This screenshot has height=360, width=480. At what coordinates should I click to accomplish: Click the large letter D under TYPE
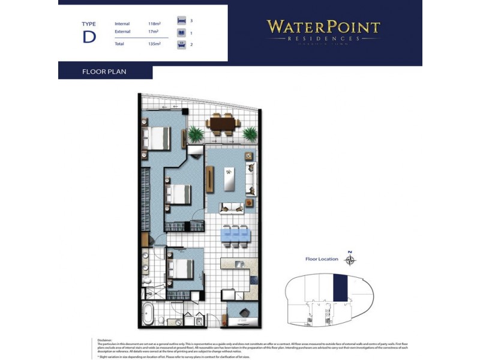point(89,36)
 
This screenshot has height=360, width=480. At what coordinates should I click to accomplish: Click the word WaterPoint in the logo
point(323,27)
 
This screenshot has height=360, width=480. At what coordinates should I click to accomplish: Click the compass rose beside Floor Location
point(351,260)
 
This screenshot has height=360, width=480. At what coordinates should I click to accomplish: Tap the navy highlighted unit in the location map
point(340,287)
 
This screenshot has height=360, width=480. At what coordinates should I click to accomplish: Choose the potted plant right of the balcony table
point(250,133)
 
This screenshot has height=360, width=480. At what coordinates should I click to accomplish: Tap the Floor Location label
point(322,260)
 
